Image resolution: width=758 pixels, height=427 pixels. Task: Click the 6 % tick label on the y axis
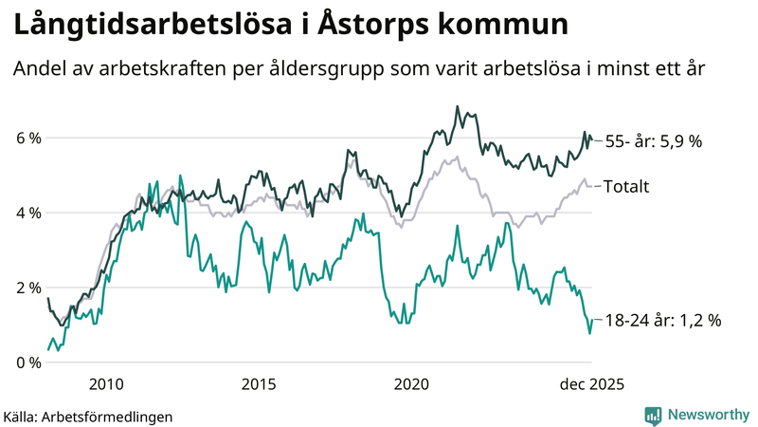click(x=28, y=139)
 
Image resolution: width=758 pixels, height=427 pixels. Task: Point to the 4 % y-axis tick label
click(x=28, y=213)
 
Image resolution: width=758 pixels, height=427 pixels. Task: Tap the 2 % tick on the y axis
click(x=28, y=288)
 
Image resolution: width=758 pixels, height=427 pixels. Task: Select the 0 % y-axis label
click(x=28, y=362)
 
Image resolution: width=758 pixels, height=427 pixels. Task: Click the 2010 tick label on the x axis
click(x=105, y=383)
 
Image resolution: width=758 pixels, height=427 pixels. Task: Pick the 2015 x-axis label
click(x=259, y=383)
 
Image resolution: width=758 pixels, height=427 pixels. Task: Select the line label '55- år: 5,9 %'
click(x=653, y=141)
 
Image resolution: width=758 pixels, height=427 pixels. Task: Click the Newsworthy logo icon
click(x=653, y=415)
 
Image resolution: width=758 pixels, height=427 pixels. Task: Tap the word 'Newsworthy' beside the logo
click(x=708, y=415)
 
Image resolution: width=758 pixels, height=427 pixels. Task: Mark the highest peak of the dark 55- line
click(x=457, y=106)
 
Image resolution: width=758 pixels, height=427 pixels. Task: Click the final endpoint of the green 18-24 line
click(x=591, y=321)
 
